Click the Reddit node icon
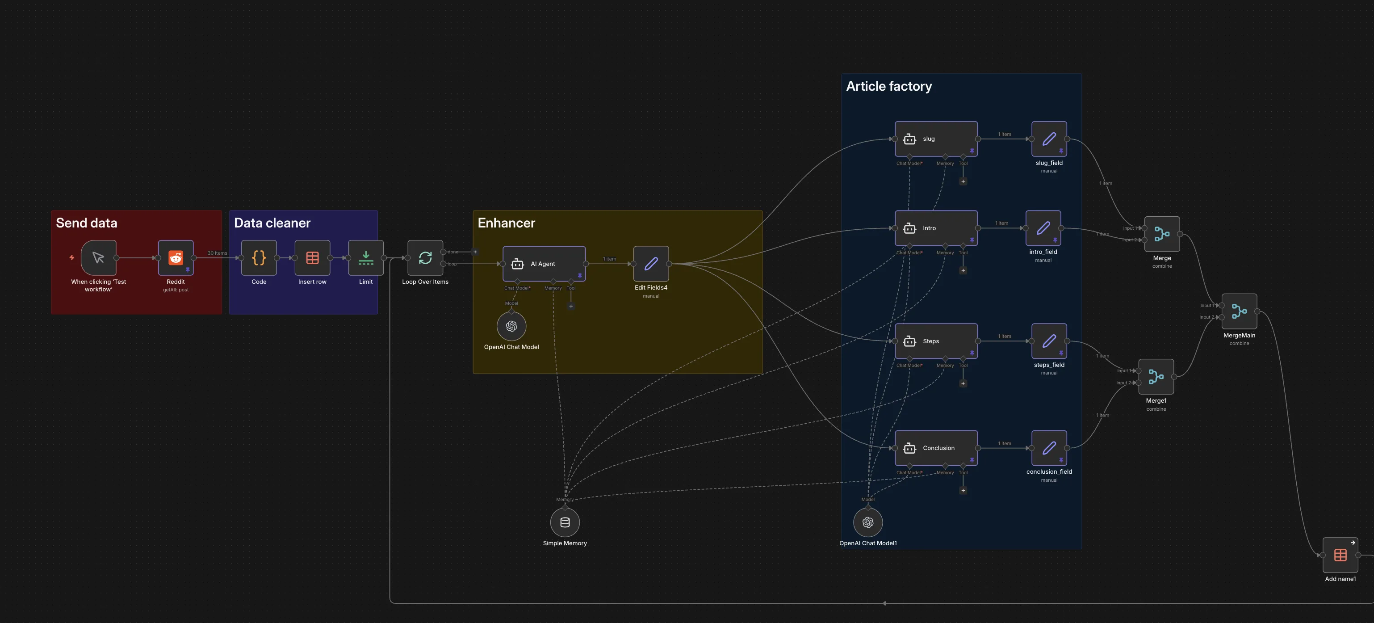pos(176,258)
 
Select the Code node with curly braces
pos(259,258)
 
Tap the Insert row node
pos(312,258)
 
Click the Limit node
pos(365,258)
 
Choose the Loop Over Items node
pos(425,258)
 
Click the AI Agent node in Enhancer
pos(544,264)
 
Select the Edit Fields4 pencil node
pos(651,264)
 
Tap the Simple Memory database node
pos(565,522)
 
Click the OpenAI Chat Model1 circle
pos(868,522)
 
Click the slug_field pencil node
pos(1049,139)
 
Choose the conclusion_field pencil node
pos(1049,448)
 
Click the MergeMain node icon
pos(1239,311)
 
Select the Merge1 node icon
pos(1156,376)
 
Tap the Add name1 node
pos(1340,555)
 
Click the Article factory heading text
pos(888,87)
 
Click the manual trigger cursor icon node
pos(99,258)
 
